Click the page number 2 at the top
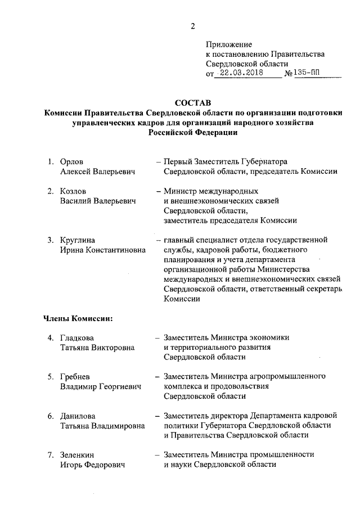click(192, 26)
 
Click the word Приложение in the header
click(229, 44)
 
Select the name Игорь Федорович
click(92, 465)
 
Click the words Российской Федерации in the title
click(192, 133)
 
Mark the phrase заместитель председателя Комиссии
click(230, 220)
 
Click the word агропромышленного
click(292, 376)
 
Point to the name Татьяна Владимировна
click(102, 426)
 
